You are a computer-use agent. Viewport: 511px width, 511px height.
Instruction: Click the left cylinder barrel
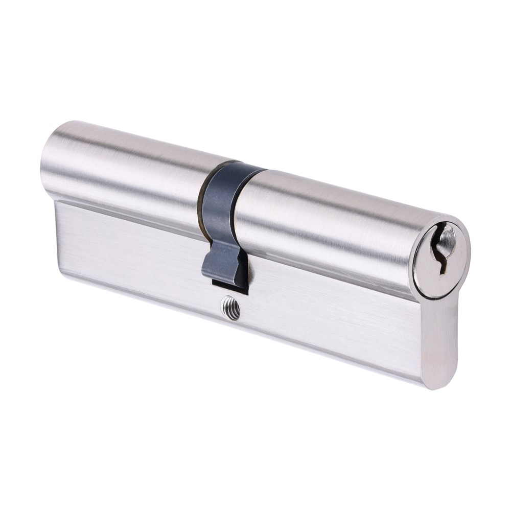(x=128, y=164)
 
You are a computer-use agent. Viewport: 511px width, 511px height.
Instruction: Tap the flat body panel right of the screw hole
(x=332, y=317)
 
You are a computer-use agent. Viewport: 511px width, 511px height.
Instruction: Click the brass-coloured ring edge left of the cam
(x=204, y=204)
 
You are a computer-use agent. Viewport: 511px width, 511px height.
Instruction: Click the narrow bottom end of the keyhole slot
(x=443, y=268)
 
